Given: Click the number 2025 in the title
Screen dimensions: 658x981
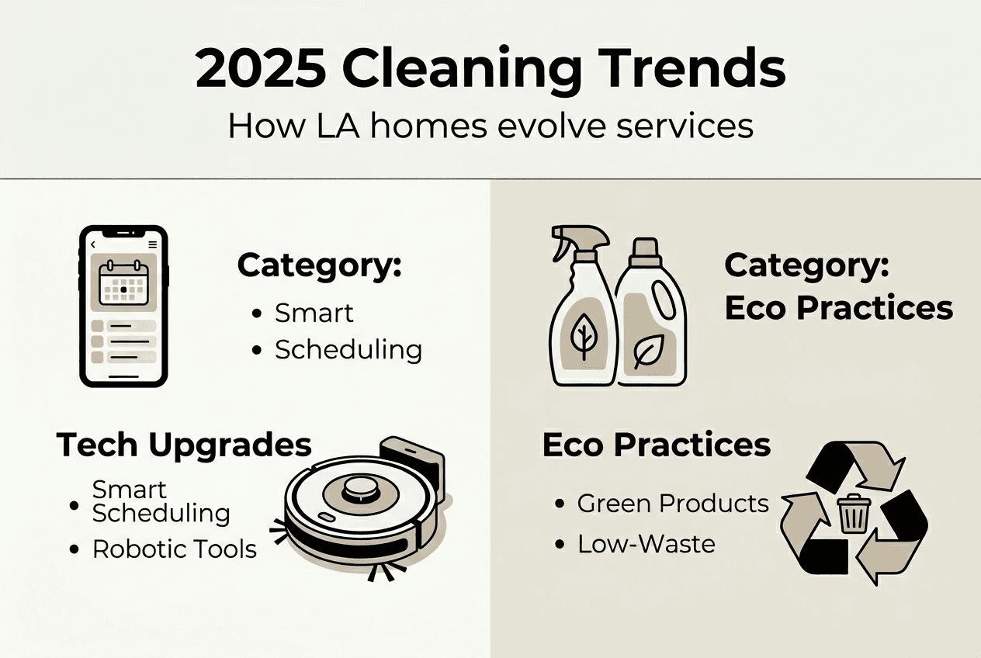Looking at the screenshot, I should pyautogui.click(x=260, y=70).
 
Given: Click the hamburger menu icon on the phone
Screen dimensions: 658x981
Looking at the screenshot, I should pyautogui.click(x=152, y=244).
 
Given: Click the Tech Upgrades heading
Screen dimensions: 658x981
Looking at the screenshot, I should pyautogui.click(x=183, y=445).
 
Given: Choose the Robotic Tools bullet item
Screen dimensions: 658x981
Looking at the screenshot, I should pyautogui.click(x=174, y=549).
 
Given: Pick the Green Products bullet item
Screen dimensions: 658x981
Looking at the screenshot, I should pyautogui.click(x=672, y=504).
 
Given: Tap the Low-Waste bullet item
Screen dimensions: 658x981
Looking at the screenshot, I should pyautogui.click(x=646, y=544).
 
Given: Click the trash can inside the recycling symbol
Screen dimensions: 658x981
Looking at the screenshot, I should pyautogui.click(x=853, y=514).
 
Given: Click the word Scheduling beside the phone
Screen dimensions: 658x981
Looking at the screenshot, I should pyautogui.click(x=348, y=350).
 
